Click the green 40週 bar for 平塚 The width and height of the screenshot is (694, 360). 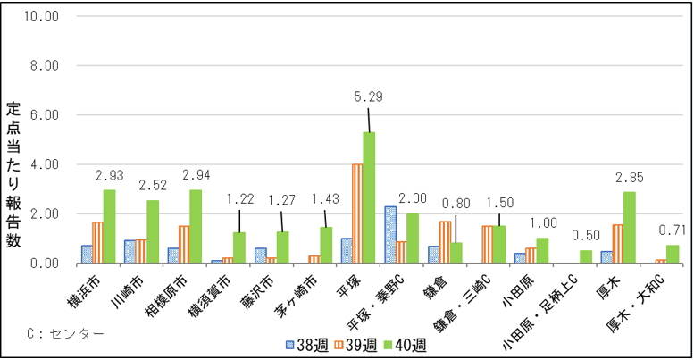(x=369, y=197)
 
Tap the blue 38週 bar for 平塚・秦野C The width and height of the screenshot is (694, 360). (x=389, y=235)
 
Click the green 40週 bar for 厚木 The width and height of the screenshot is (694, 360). (x=630, y=228)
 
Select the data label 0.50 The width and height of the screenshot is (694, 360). (x=587, y=236)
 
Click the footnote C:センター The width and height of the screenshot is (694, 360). (x=65, y=334)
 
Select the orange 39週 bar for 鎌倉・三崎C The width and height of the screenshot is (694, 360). (x=487, y=245)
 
